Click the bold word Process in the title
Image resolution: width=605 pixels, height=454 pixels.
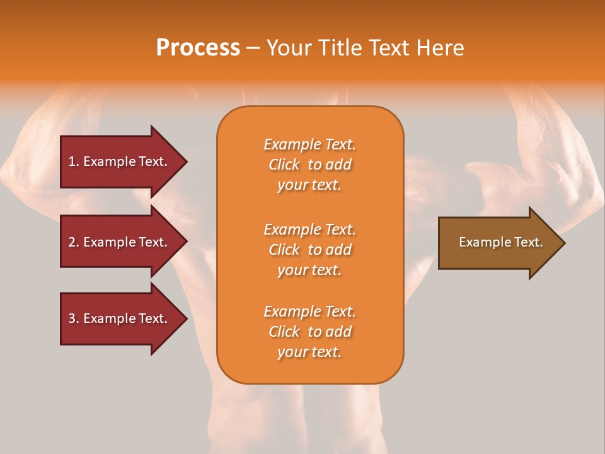[x=198, y=48]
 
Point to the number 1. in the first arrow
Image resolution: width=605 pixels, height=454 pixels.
[x=74, y=161]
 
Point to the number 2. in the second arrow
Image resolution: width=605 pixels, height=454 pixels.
[x=74, y=242]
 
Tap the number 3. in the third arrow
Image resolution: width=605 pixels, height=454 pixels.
[x=74, y=318]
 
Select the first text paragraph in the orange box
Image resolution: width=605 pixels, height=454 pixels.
[x=309, y=165]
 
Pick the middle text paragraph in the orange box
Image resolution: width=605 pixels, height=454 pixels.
[x=309, y=250]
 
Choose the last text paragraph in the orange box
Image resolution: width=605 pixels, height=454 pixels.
[x=309, y=332]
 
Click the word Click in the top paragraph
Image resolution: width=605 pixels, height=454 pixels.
[x=284, y=165]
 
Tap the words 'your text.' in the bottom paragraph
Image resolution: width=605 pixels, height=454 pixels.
[x=309, y=352]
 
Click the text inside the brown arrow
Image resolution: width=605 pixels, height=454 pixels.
[x=500, y=242]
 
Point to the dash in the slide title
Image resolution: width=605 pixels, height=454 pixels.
[x=253, y=49]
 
